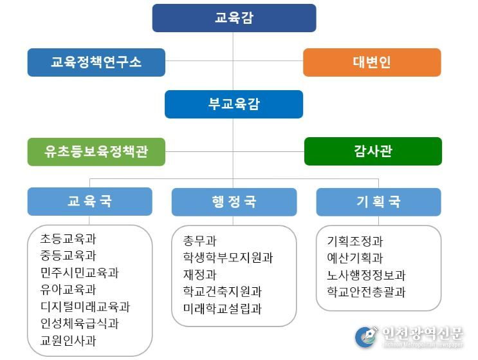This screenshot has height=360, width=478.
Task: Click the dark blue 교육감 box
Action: (234, 18)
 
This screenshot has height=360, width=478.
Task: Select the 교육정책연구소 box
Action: (97, 62)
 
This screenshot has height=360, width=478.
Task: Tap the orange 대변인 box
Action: (372, 62)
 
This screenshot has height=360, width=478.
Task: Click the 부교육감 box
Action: (234, 104)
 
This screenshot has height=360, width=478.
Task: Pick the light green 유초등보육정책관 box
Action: (97, 151)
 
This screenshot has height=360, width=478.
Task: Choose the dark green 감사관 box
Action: (373, 151)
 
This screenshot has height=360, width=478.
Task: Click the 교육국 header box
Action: (89, 202)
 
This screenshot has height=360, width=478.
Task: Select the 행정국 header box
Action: (234, 202)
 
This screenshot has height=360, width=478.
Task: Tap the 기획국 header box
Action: (379, 202)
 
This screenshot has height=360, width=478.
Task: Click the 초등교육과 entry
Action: (68, 238)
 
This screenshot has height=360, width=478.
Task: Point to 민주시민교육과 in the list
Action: (79, 272)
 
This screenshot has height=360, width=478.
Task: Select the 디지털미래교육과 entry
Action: (85, 307)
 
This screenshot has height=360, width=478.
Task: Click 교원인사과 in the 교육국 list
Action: (68, 341)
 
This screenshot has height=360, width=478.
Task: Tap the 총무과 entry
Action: (199, 241)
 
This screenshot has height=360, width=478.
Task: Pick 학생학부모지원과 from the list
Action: (228, 258)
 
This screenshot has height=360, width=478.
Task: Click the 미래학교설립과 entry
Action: (222, 308)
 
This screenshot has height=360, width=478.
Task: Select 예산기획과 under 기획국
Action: (355, 258)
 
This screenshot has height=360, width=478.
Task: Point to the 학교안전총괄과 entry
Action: (366, 292)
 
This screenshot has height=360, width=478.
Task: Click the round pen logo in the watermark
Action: (366, 337)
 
